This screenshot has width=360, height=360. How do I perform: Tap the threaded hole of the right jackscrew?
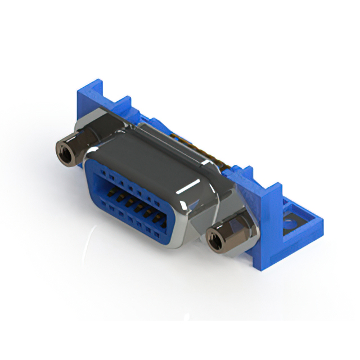214,239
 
